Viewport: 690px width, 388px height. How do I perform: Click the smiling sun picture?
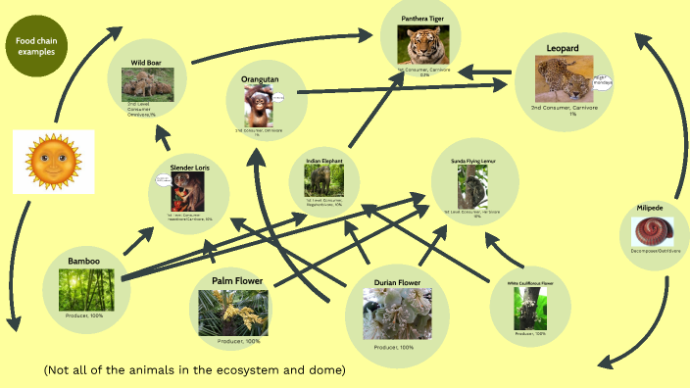point(54,162)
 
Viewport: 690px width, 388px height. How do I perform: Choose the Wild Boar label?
point(147,63)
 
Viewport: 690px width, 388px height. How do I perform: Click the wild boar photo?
point(147,83)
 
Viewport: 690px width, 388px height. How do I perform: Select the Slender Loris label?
point(189,169)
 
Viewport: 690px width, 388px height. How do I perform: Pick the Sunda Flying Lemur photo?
point(472,187)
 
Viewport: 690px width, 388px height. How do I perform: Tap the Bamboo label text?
point(83,261)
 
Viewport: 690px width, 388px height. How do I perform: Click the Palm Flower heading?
point(238,281)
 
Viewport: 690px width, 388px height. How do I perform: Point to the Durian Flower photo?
point(397,317)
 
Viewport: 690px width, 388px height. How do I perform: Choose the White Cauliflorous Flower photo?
point(529,307)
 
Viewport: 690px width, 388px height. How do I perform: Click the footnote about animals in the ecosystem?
point(195,370)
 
